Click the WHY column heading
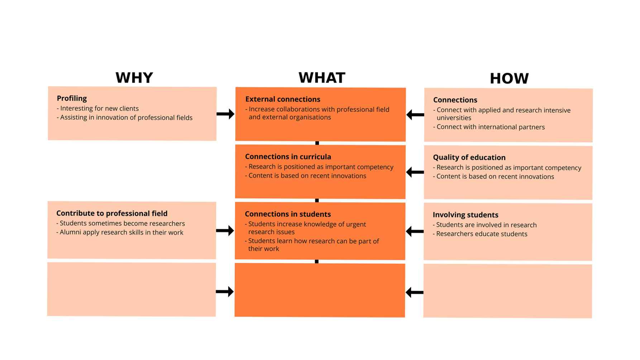[134, 78]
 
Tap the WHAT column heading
[322, 78]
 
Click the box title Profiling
[72, 98]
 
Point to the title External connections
[282, 99]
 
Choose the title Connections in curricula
[288, 157]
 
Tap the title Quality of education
[469, 157]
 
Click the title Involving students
[465, 215]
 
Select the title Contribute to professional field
[112, 213]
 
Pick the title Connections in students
[288, 214]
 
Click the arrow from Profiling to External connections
[225, 114]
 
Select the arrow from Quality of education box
[415, 172]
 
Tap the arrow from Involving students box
[415, 231]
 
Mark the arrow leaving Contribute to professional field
[225, 231]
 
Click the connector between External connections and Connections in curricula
[317, 143]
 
